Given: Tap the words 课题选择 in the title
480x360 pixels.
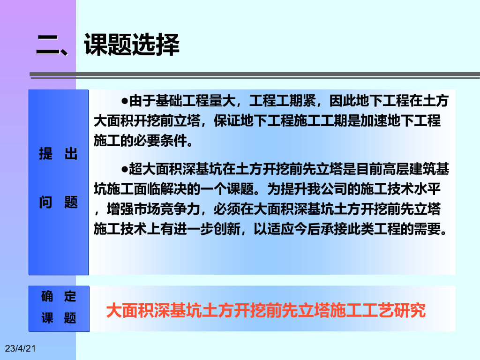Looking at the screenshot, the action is pos(132,45).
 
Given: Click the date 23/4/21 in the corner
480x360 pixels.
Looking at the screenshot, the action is pos(20,348).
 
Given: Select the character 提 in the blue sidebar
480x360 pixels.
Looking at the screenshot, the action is pos(45,153).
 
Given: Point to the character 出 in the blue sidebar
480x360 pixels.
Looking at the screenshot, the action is pos(71,153).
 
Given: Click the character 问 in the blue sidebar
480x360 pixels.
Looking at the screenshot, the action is pos(45,202).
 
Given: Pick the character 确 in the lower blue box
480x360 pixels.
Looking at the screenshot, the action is pos(47,296).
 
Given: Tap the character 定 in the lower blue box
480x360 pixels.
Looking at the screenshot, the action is pos(70,296).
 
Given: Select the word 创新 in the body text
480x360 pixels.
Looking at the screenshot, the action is pos(227,229).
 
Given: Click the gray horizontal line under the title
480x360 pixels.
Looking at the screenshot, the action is pos(255,74).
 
